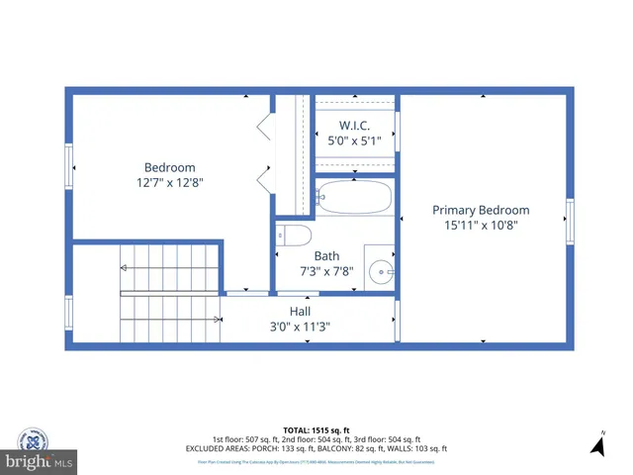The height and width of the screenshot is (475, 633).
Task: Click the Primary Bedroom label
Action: pyautogui.click(x=481, y=210)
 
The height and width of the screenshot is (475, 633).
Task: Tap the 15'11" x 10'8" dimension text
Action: pyautogui.click(x=481, y=225)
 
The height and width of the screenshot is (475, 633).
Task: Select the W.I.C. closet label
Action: pyautogui.click(x=354, y=126)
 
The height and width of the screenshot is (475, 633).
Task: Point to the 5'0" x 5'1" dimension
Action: pyautogui.click(x=354, y=141)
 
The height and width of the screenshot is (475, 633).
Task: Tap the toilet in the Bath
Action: pyautogui.click(x=295, y=235)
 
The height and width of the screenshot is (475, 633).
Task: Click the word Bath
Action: pyautogui.click(x=326, y=256)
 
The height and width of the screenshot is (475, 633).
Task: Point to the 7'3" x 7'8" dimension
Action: pyautogui.click(x=326, y=270)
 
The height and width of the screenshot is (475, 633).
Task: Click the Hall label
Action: pyautogui.click(x=301, y=311)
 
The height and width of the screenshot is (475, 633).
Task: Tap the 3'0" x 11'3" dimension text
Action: pyautogui.click(x=301, y=326)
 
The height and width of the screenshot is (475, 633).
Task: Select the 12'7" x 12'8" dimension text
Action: pyautogui.click(x=170, y=182)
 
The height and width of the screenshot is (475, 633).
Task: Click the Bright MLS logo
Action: pyautogui.click(x=40, y=461)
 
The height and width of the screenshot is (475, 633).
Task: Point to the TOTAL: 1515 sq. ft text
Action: pyautogui.click(x=316, y=429)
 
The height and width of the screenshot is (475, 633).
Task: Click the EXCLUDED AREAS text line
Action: pyautogui.click(x=316, y=448)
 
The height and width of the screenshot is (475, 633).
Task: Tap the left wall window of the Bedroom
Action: pyautogui.click(x=69, y=164)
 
